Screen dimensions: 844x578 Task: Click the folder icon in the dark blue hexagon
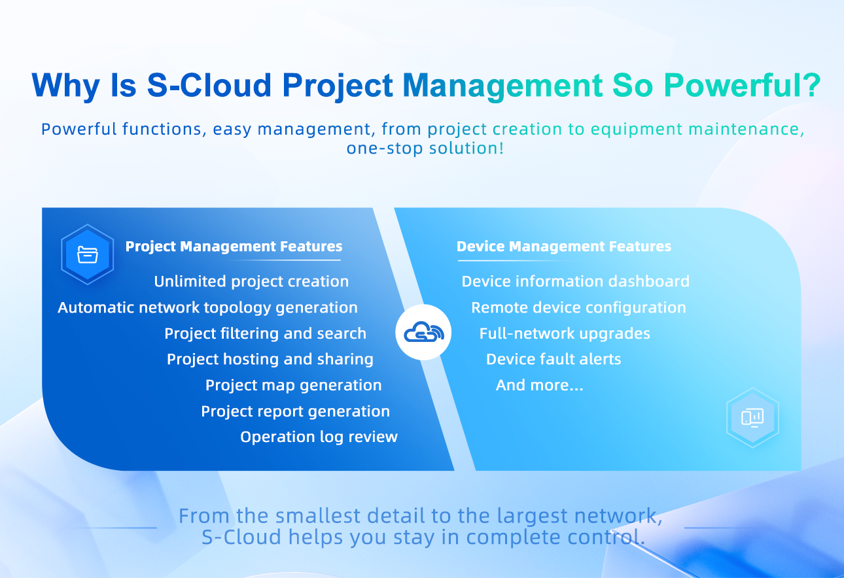click(x=88, y=254)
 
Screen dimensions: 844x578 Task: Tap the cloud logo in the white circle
click(x=423, y=331)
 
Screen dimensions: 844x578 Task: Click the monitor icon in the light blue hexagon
click(x=752, y=418)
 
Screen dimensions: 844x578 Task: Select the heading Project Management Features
click(x=234, y=246)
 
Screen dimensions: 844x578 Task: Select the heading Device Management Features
click(x=564, y=246)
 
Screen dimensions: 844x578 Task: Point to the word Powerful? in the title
click(x=743, y=85)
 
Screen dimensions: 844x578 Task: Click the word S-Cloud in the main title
click(x=209, y=85)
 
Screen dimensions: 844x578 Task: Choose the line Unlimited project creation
click(x=251, y=282)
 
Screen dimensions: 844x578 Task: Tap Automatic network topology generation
click(x=207, y=308)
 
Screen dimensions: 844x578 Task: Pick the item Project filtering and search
click(x=265, y=333)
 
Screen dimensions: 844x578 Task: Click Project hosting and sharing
click(x=270, y=360)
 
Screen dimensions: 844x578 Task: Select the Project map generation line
click(x=294, y=386)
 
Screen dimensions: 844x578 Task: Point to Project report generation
click(x=296, y=411)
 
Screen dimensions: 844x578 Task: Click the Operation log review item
click(x=319, y=437)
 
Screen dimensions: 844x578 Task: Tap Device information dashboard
click(x=575, y=282)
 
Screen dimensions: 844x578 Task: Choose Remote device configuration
click(x=579, y=308)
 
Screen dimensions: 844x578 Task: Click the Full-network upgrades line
click(x=565, y=333)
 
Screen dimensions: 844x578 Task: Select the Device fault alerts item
click(x=554, y=359)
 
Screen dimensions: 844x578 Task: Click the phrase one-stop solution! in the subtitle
click(x=425, y=148)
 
